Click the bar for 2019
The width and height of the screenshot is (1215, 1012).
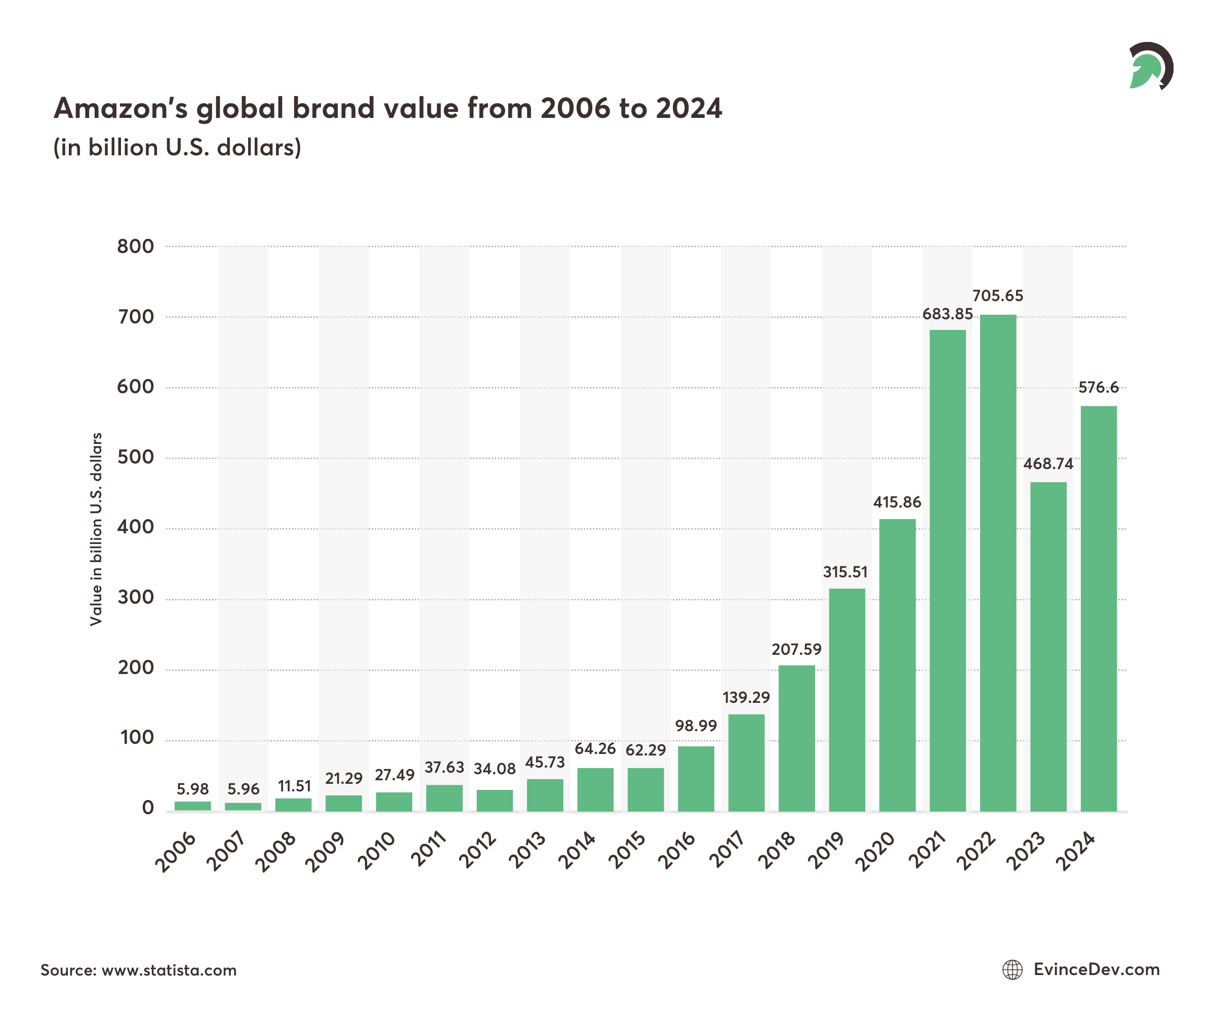tap(847, 700)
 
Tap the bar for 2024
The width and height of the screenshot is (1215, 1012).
tap(1099, 608)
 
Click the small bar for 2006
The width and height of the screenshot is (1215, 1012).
tap(193, 806)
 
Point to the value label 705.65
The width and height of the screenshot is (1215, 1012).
tap(997, 296)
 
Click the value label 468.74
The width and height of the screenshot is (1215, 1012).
tap(1048, 464)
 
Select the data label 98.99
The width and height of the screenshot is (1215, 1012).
tap(696, 726)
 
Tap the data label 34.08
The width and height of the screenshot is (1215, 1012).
tap(495, 769)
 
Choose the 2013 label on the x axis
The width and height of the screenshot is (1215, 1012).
tap(527, 850)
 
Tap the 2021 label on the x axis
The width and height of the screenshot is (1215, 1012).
tap(927, 850)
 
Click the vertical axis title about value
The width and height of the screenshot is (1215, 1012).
tap(96, 529)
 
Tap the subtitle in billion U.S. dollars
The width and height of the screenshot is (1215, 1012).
tap(177, 147)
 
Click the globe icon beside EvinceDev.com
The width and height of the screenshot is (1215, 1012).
tap(1012, 970)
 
